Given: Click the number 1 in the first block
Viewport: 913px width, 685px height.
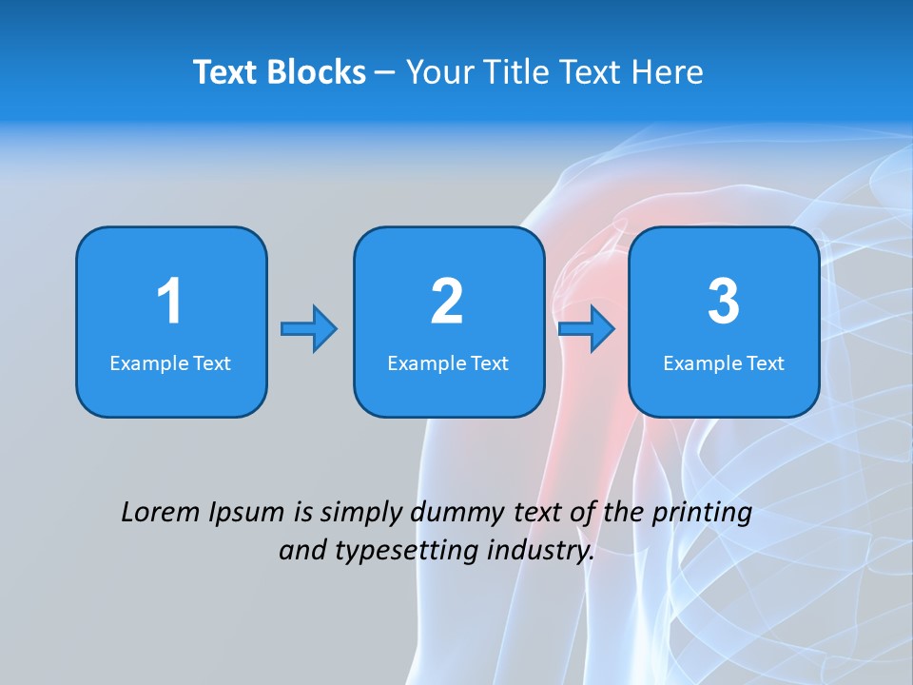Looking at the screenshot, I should coord(169,302).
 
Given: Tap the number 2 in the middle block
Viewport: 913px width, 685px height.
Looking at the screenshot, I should coord(447,302).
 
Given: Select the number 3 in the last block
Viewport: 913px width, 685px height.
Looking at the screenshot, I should coord(724,302).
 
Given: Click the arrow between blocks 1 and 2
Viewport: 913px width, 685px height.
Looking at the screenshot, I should coord(309,329).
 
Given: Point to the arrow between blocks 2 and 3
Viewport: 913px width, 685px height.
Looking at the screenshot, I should coord(587,329).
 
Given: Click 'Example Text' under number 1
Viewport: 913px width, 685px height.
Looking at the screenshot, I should coord(170,363).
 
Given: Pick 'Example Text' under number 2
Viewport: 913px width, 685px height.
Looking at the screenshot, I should coord(448,363).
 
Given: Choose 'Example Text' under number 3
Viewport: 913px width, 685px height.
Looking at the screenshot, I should coord(724,363).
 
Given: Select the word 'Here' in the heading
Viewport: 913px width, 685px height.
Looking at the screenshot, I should coord(669,72).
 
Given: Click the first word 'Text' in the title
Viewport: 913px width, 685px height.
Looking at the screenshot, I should coord(227,72).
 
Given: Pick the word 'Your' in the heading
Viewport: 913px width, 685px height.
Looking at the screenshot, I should coord(436,72).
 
